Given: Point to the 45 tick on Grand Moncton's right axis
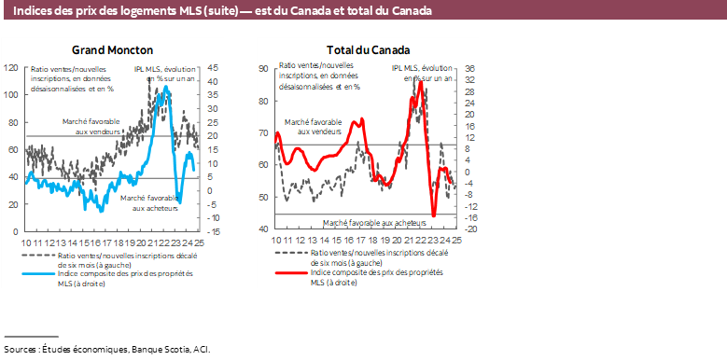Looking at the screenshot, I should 213,68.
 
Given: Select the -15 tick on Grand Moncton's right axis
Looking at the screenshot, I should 213,231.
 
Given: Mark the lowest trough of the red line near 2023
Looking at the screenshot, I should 434,215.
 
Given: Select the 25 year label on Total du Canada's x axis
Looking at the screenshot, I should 456,241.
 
